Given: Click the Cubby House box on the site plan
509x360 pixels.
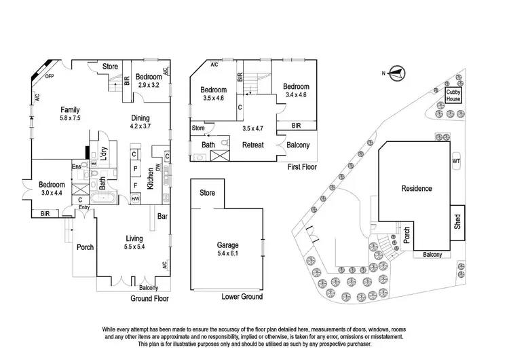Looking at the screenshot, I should point(453,95).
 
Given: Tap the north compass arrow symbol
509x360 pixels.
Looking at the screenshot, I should point(397,73).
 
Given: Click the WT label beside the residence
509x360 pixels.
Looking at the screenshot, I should point(455,162).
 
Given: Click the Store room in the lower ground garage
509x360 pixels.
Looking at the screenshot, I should point(207,193).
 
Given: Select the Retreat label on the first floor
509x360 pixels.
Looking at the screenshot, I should point(253,145).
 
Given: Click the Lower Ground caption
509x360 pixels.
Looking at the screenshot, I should point(242,297).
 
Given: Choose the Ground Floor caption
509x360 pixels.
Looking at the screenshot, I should point(149,298).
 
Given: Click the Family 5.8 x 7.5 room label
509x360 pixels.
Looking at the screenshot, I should point(71,113).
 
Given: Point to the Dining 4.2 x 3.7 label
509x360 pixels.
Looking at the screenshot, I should point(144,121).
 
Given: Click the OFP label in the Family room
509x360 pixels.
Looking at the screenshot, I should point(50,76).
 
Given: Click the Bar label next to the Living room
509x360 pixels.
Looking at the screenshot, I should point(163,217).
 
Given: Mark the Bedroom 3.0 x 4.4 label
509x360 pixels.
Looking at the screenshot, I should point(52,189).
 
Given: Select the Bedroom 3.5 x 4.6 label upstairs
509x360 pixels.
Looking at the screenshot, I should point(213,94).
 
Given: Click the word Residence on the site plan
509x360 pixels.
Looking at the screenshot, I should point(417,189).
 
